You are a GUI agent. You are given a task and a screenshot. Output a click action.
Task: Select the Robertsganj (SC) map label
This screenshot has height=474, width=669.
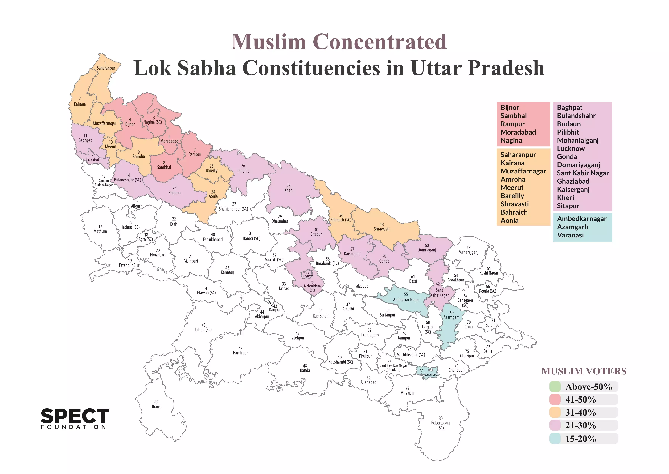(x=441, y=423)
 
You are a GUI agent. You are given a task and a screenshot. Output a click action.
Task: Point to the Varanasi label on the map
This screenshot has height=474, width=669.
(x=431, y=374)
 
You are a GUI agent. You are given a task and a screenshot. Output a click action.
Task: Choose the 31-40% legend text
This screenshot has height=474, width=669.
(x=581, y=413)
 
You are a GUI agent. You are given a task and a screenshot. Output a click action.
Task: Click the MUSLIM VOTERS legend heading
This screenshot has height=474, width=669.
(x=584, y=371)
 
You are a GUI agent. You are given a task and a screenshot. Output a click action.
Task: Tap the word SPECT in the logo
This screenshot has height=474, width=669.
(x=75, y=416)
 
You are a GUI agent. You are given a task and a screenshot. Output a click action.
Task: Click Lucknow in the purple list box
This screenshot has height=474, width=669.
(x=571, y=149)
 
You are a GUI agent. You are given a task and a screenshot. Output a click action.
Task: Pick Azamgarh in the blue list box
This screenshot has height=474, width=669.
(x=573, y=227)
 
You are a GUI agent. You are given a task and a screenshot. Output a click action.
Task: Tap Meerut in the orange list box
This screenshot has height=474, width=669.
(x=512, y=188)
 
